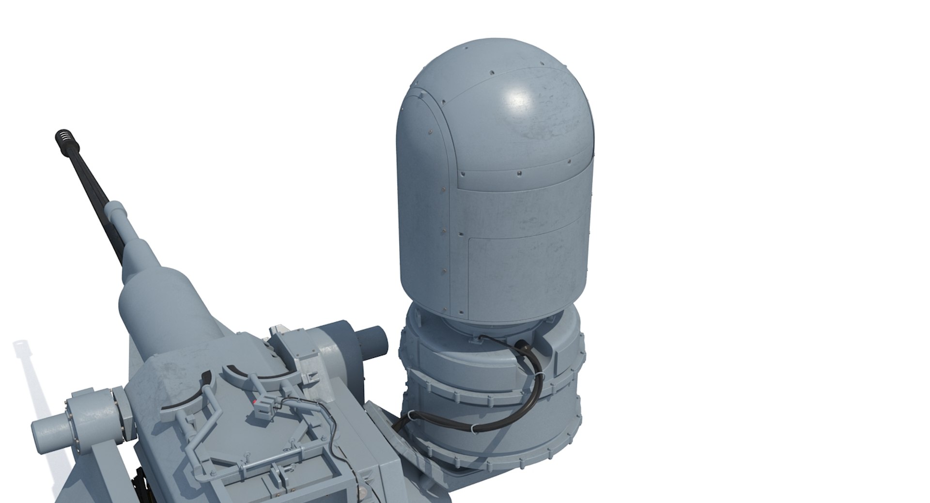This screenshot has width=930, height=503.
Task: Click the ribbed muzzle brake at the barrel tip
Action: click(x=63, y=141)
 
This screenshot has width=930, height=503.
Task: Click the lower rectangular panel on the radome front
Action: click(x=526, y=271)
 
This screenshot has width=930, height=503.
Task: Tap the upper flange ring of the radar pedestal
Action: click(x=489, y=383)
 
